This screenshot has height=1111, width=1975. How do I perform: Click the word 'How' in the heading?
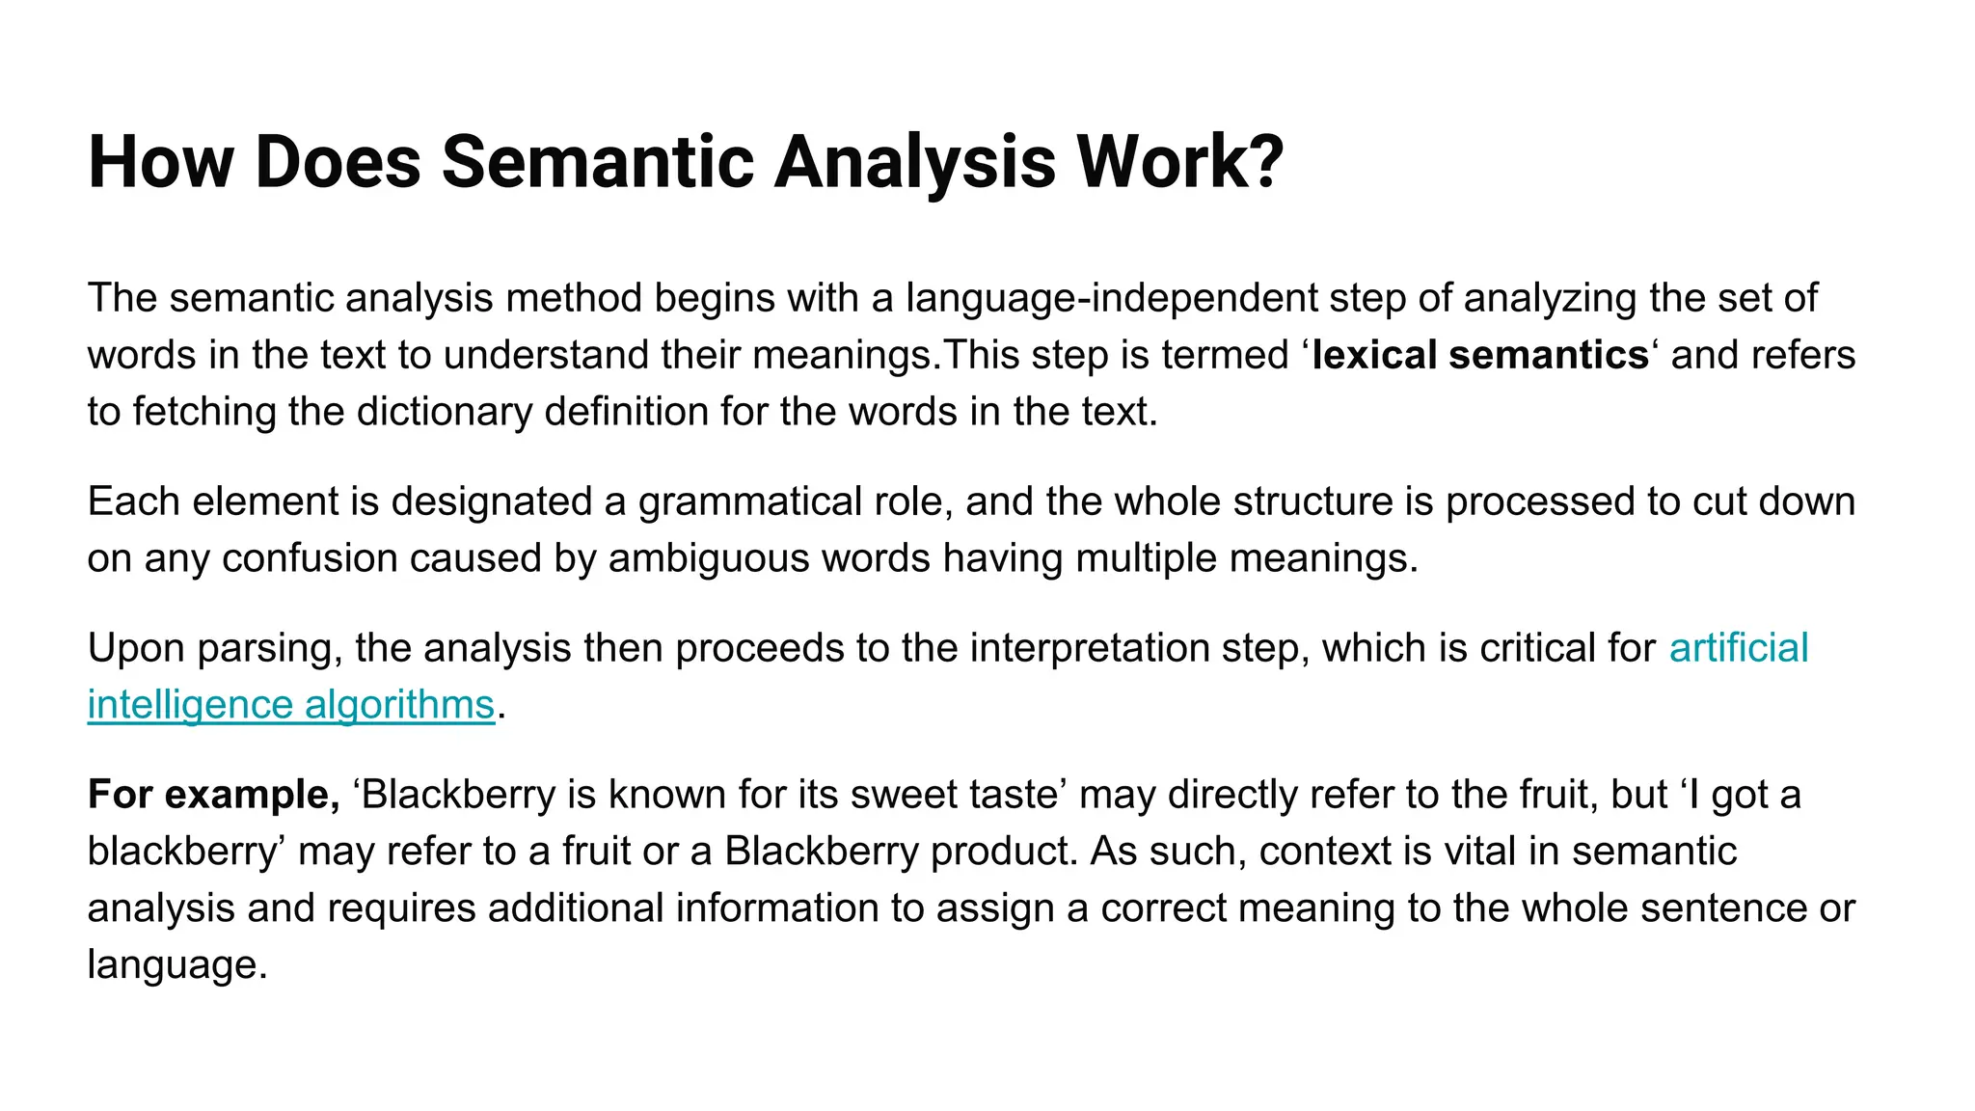tap(160, 162)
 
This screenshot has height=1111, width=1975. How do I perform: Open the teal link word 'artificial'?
tap(1738, 648)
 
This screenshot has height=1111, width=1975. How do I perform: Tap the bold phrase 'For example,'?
tap(213, 795)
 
